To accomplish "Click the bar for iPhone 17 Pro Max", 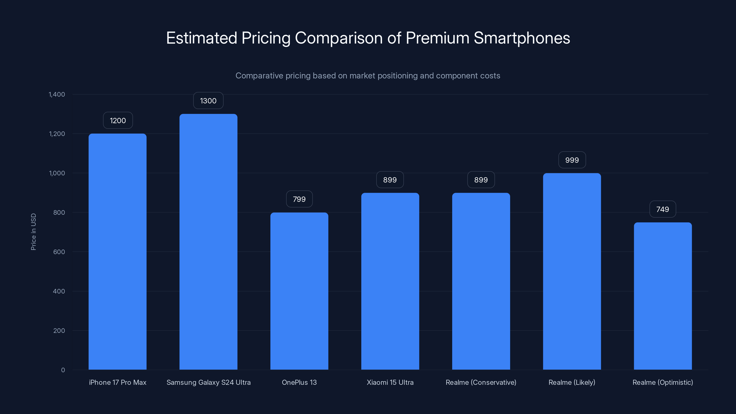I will point(118,251).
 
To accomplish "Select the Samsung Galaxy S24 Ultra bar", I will point(208,241).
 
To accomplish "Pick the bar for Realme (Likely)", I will point(572,271).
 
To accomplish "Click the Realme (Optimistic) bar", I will point(663,296).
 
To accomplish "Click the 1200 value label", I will point(118,120).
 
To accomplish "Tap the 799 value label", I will point(299,199).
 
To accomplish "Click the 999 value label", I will point(572,160).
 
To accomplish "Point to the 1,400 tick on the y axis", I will point(57,94).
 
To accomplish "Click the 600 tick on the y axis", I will point(59,252).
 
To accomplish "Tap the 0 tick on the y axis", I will point(63,370).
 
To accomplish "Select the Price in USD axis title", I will point(33,232).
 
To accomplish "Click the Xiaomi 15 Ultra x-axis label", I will point(390,382).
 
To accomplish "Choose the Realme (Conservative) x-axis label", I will point(481,382).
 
